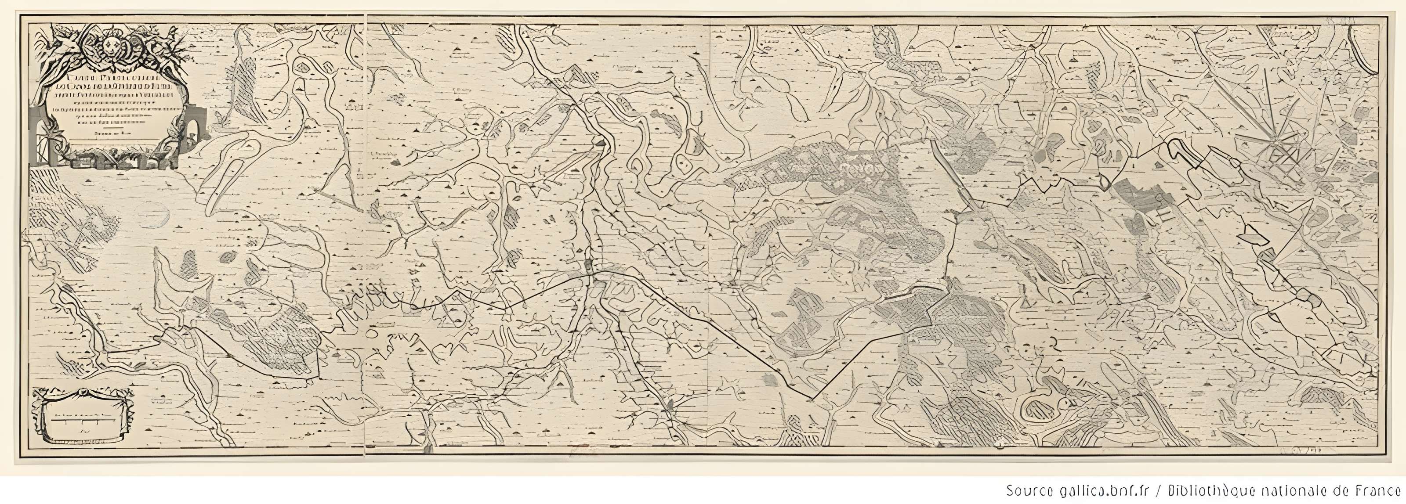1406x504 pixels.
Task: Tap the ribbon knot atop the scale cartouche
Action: (x=82, y=392)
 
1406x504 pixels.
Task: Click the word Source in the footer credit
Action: (x=1023, y=489)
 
